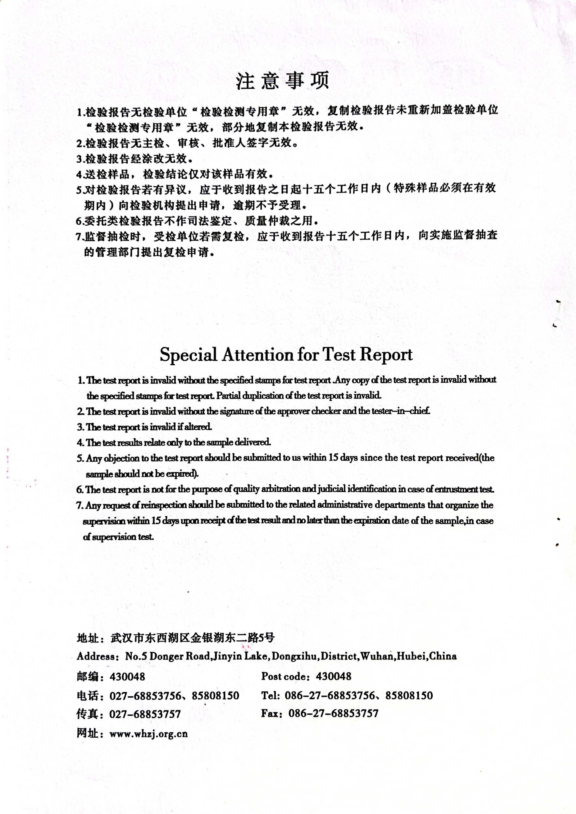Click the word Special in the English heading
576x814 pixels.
pos(188,354)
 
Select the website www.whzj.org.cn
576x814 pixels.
pos(148,733)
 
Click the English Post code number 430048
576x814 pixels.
pos(333,676)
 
